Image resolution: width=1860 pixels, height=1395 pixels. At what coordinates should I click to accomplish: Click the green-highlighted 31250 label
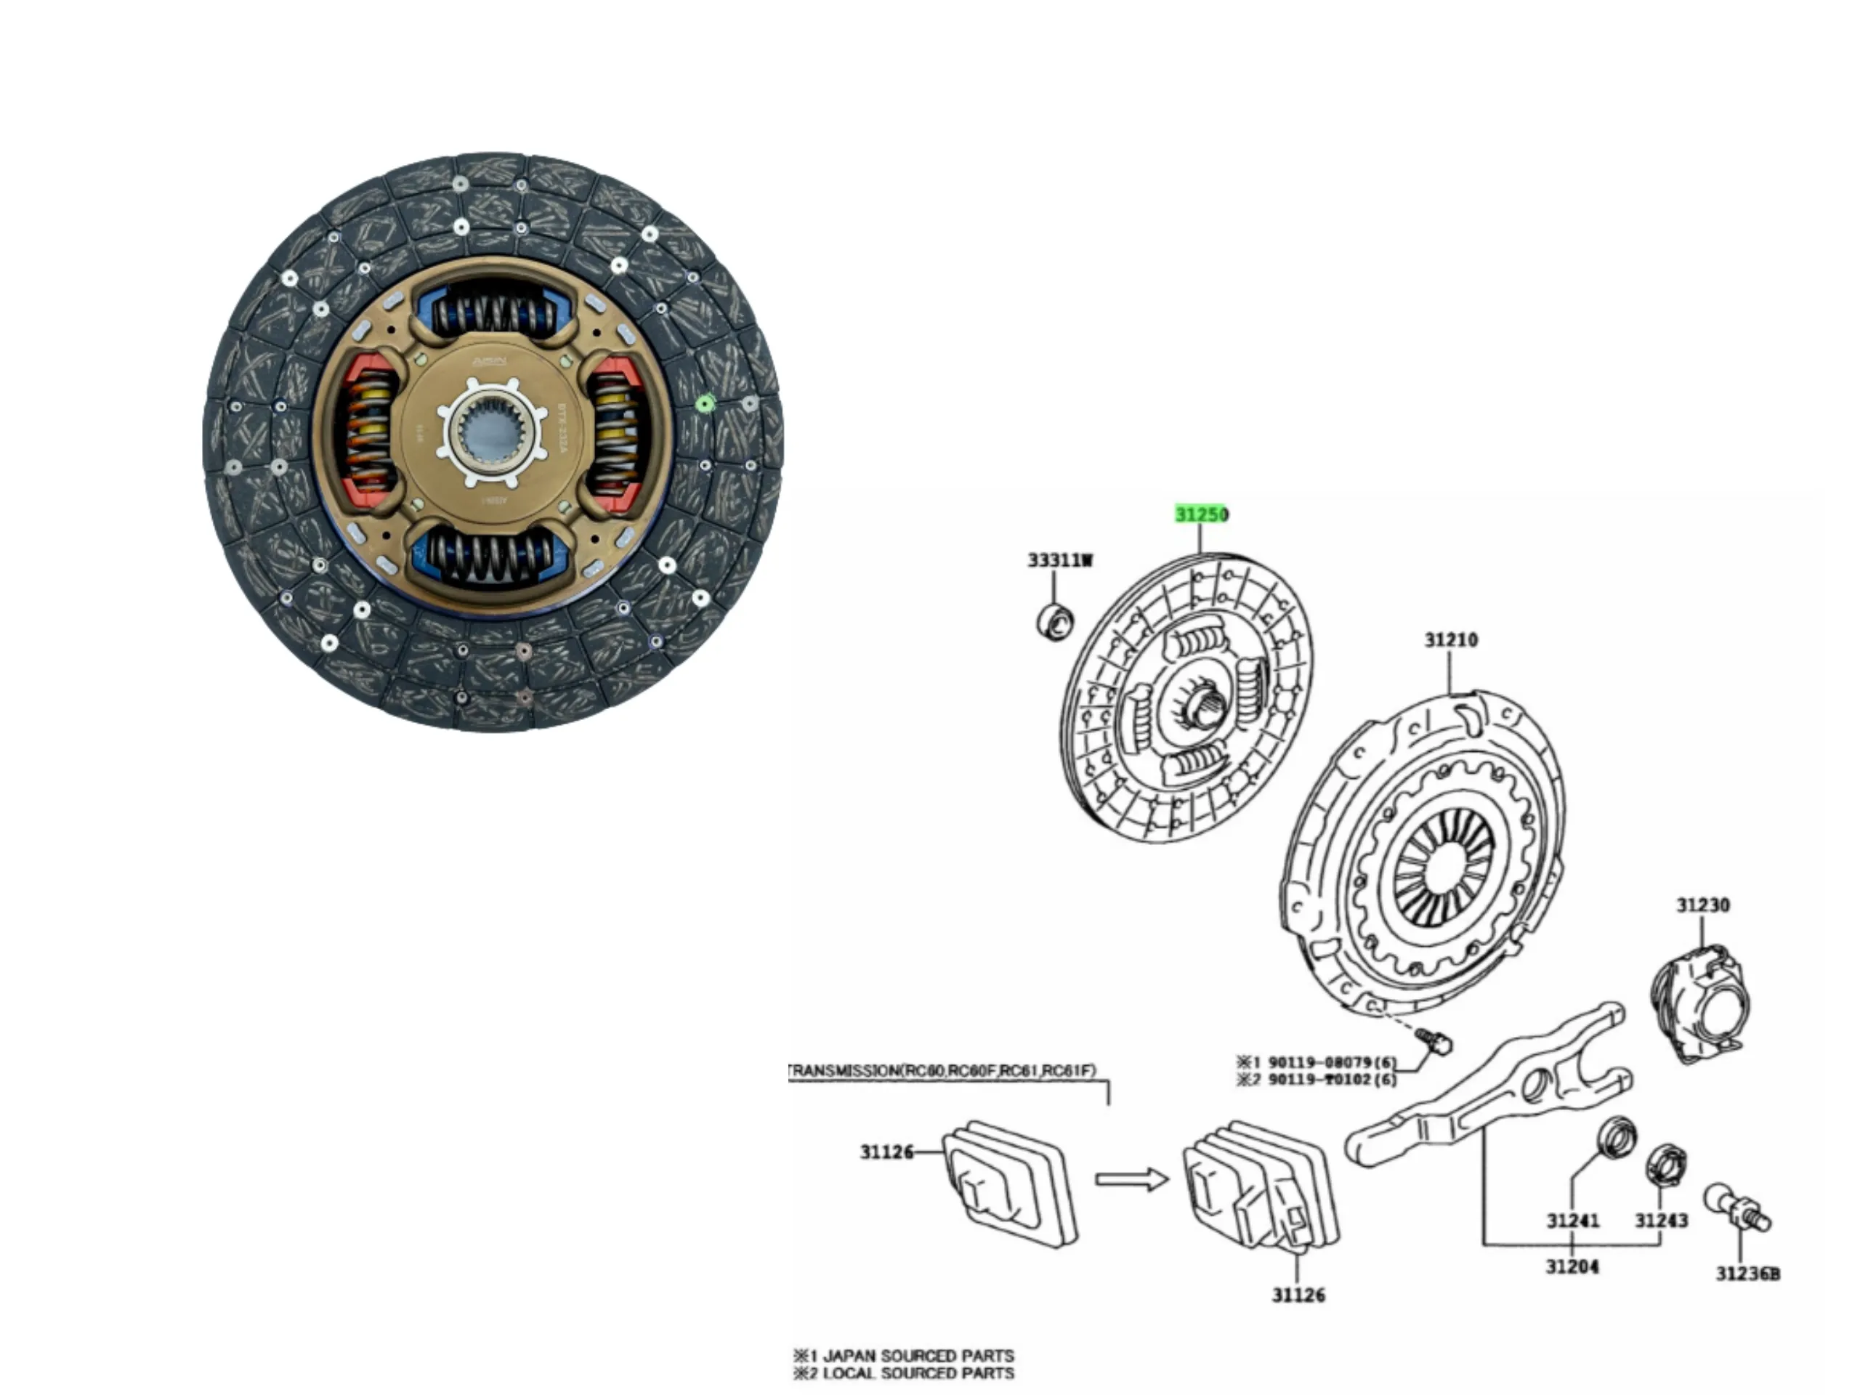[x=1202, y=514]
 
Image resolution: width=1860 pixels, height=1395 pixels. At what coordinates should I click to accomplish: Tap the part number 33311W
[x=1059, y=560]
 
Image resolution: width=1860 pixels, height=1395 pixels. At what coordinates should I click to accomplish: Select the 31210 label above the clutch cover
[x=1450, y=640]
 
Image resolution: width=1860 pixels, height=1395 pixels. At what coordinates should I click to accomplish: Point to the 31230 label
[x=1703, y=905]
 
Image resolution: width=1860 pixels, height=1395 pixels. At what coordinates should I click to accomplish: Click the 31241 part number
[x=1572, y=1220]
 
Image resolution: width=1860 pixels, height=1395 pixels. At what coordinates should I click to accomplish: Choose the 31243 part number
[x=1661, y=1219]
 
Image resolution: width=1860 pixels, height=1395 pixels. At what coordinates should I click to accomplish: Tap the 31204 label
[x=1572, y=1266]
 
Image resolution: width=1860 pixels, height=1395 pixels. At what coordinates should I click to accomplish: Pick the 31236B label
[x=1747, y=1274]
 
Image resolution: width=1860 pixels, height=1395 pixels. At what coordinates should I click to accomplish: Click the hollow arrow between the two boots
[x=1131, y=1180]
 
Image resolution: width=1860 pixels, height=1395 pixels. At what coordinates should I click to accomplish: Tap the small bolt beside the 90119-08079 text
[x=1434, y=1040]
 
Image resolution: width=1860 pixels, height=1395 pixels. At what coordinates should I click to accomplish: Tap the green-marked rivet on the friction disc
[x=705, y=405]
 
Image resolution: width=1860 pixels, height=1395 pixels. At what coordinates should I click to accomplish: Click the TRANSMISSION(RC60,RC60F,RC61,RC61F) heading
[x=942, y=1070]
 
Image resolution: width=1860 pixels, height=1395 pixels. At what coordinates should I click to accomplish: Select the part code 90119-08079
[x=1319, y=1063]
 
